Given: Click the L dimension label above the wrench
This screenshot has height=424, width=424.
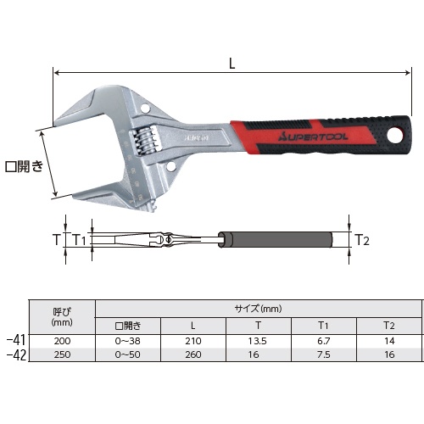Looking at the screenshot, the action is (x=232, y=64).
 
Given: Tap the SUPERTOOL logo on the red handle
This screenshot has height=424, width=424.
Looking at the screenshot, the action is (x=313, y=137).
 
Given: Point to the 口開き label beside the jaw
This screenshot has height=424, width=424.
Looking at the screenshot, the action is (x=25, y=166).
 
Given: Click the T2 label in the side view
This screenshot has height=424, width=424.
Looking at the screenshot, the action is (x=362, y=240).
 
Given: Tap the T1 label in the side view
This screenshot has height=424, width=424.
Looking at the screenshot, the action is (x=80, y=240).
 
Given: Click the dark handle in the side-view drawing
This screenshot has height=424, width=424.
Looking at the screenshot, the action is (x=276, y=240).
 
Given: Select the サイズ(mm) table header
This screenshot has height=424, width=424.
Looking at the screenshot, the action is (x=258, y=309).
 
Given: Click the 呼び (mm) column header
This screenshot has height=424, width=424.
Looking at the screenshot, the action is (x=62, y=316).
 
